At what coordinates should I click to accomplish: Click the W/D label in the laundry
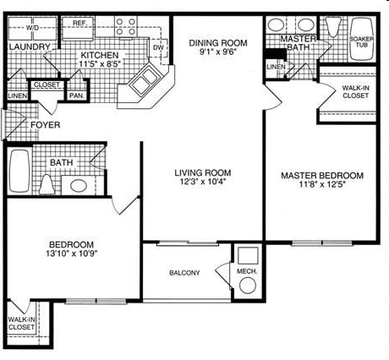pyautogui.click(x=32, y=28)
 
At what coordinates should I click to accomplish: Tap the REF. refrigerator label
pyautogui.click(x=79, y=23)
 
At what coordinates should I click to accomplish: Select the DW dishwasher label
pyautogui.click(x=158, y=47)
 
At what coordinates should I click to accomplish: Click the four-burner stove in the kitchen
pyautogui.click(x=126, y=26)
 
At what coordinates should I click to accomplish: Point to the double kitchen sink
pyautogui.click(x=145, y=79)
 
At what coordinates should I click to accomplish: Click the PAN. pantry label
pyautogui.click(x=77, y=95)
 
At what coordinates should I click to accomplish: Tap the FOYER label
pyautogui.click(x=45, y=125)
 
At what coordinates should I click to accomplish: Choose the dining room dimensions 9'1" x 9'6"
pyautogui.click(x=217, y=52)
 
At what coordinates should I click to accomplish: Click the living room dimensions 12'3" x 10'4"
pyautogui.click(x=203, y=182)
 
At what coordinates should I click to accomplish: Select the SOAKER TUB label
pyautogui.click(x=362, y=41)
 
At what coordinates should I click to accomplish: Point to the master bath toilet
pyautogui.click(x=333, y=26)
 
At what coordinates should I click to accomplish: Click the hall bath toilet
pyautogui.click(x=47, y=184)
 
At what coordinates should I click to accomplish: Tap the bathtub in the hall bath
pyautogui.click(x=19, y=171)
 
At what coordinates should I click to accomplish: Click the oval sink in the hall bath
pyautogui.click(x=79, y=185)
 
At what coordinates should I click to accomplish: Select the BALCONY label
pyautogui.click(x=184, y=273)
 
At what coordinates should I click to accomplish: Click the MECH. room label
pyautogui.click(x=247, y=271)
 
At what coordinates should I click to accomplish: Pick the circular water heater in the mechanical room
pyautogui.click(x=248, y=286)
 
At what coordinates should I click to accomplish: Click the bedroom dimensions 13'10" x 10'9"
pyautogui.click(x=72, y=254)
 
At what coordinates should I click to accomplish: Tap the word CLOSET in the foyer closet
pyautogui.click(x=47, y=85)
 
